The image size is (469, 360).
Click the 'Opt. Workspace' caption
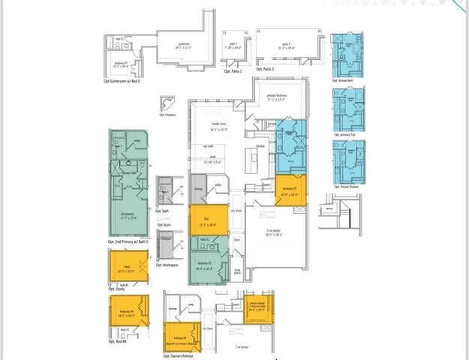(x=167, y=265)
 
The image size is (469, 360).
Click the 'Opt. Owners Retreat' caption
(x=177, y=355)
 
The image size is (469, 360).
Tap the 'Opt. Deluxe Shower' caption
(x=349, y=186)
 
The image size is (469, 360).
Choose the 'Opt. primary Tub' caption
(x=349, y=135)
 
